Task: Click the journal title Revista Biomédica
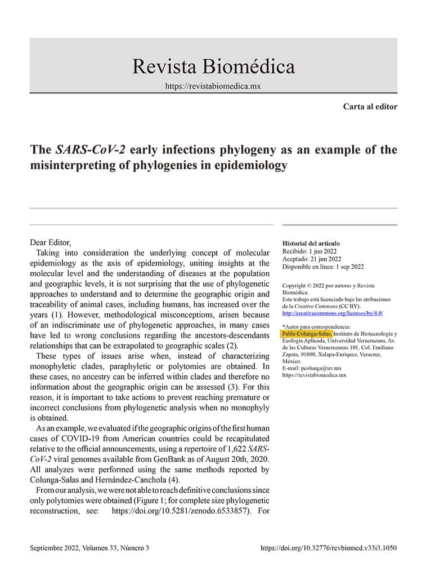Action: (213, 67)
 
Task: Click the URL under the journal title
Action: (213, 87)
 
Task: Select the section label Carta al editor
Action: (370, 106)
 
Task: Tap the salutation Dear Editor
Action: (51, 242)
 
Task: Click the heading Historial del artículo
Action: (311, 243)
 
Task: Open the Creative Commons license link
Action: (333, 313)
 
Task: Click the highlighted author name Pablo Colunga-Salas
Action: (307, 334)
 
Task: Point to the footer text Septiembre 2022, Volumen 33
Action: (89, 547)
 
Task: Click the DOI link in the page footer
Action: (329, 547)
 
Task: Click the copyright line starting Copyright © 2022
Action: (328, 286)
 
